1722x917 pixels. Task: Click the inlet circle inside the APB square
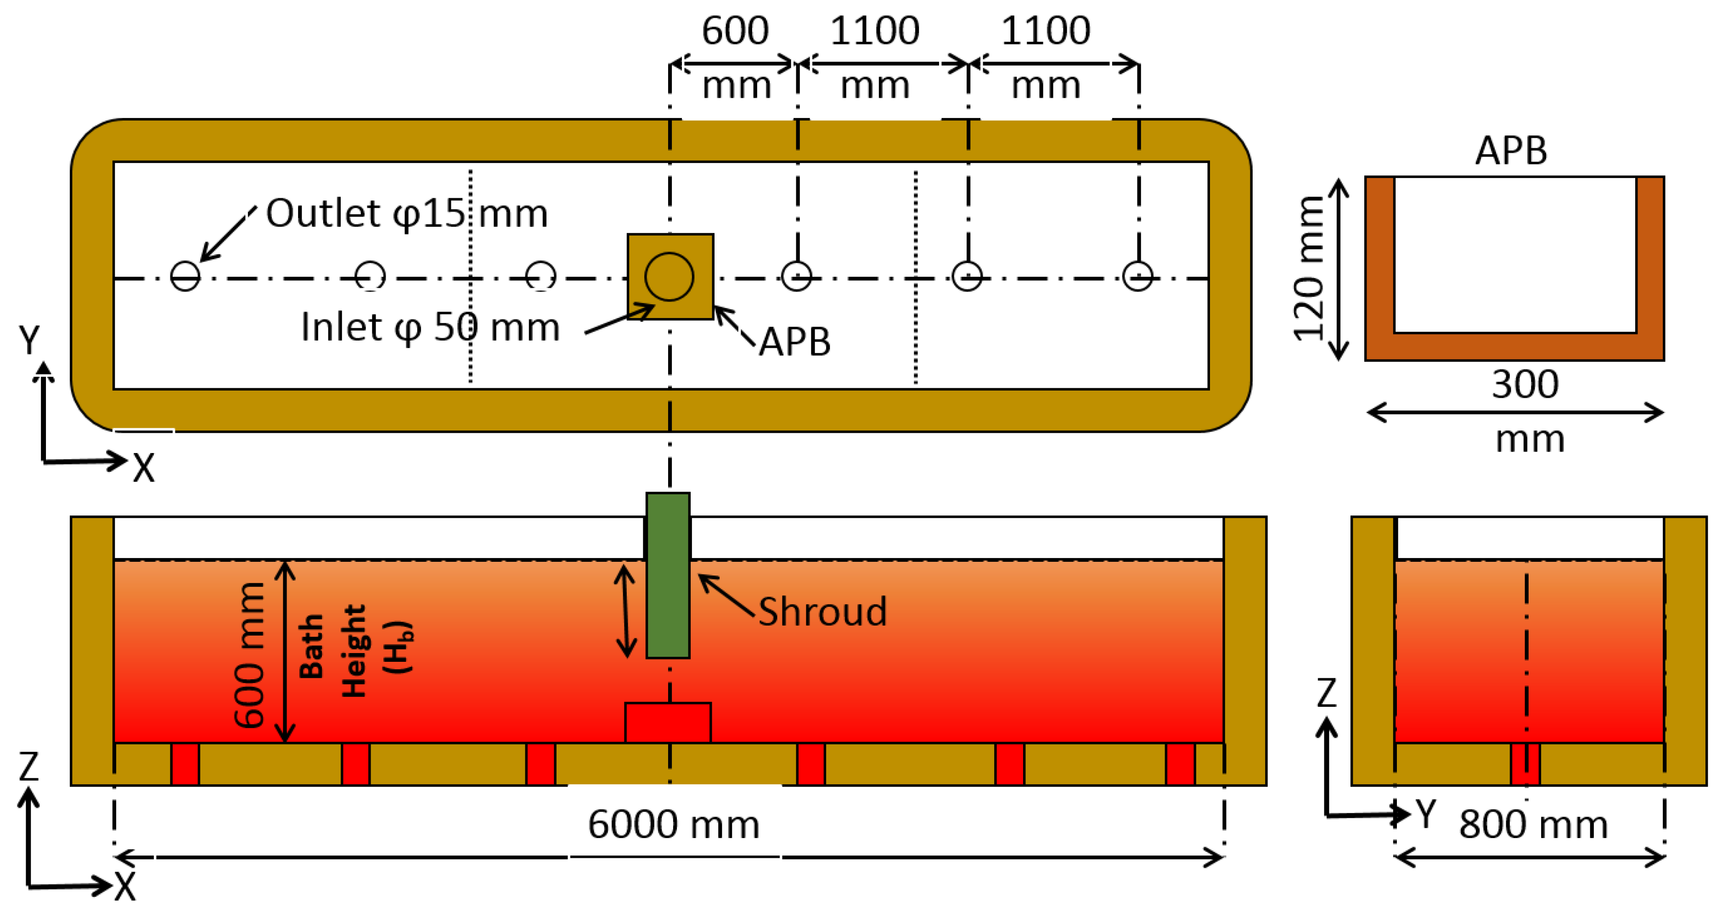click(669, 276)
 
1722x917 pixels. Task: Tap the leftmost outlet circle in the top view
click(185, 276)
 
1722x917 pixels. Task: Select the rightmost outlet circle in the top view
click(1137, 276)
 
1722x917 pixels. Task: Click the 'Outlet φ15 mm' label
click(406, 213)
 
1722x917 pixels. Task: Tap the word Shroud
click(822, 611)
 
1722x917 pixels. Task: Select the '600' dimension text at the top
click(735, 31)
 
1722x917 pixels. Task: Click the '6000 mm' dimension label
click(673, 824)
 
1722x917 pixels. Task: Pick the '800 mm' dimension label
click(1533, 824)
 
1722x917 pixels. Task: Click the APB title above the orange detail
click(1511, 151)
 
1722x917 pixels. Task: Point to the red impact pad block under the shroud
click(668, 722)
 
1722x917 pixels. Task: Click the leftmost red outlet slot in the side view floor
click(185, 763)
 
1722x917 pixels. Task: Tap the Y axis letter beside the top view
click(29, 340)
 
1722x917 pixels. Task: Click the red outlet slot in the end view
click(1525, 763)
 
